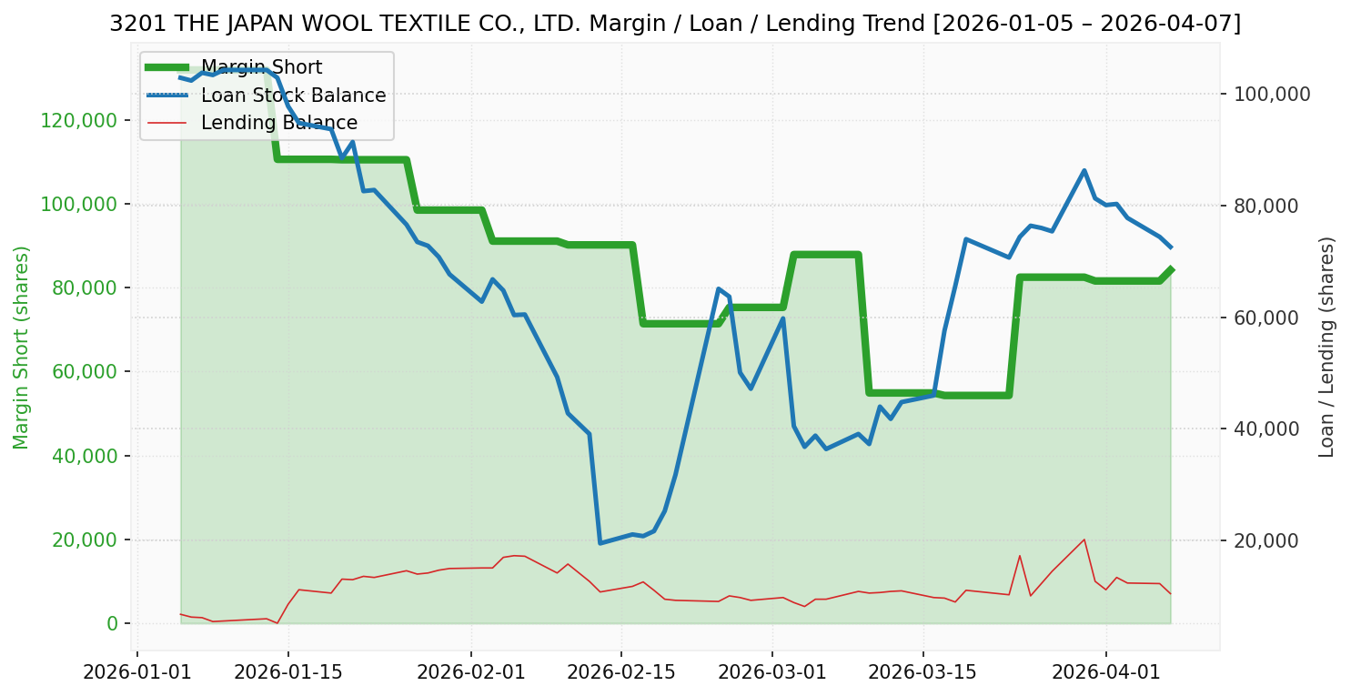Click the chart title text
675,24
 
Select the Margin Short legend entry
261,67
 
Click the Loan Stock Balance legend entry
293,96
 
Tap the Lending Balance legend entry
278,123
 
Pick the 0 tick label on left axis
113,623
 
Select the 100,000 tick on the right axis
1271,94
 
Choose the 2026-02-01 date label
472,674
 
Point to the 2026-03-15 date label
923,674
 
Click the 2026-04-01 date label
1106,674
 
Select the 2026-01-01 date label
137,674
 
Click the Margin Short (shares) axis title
22,348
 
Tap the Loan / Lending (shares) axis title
1326,347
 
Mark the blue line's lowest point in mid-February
600,543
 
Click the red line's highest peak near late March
1084,540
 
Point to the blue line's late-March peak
1084,170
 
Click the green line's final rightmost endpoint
1171,268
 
